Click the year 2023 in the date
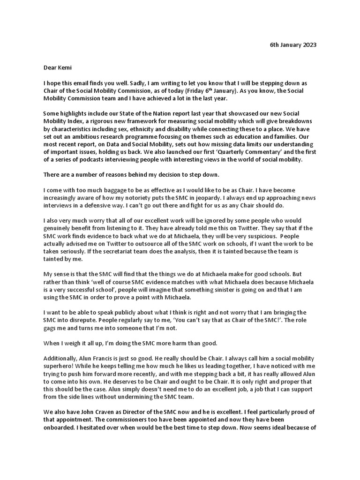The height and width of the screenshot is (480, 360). click(308, 45)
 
